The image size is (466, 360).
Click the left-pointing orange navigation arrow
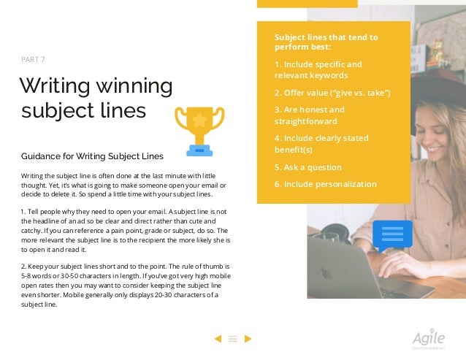point(217,338)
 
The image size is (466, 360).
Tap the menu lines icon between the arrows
point(233,338)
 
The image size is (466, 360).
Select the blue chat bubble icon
point(392,235)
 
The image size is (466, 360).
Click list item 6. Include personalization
point(325,184)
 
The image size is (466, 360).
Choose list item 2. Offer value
point(332,93)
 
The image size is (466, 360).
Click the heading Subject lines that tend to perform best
point(326,42)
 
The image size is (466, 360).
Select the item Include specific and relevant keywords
point(318,69)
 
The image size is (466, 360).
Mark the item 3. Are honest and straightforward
point(309,115)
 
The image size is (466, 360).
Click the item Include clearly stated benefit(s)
point(321,144)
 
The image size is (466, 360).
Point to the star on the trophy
point(199,119)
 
